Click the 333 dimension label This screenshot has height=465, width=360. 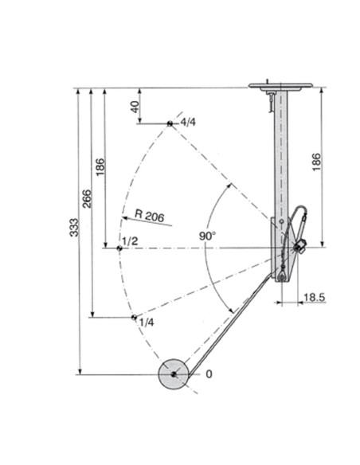74,228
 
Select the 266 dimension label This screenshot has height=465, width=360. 87,198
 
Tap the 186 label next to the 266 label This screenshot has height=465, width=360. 100,167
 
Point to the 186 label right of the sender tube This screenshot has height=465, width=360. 316,162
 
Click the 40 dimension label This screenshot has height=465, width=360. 135,107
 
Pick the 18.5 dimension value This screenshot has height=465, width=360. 315,297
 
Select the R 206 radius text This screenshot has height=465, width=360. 149,216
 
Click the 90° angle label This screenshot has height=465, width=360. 208,236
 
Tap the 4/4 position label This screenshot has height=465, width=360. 188,122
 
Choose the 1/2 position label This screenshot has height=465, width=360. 130,241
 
